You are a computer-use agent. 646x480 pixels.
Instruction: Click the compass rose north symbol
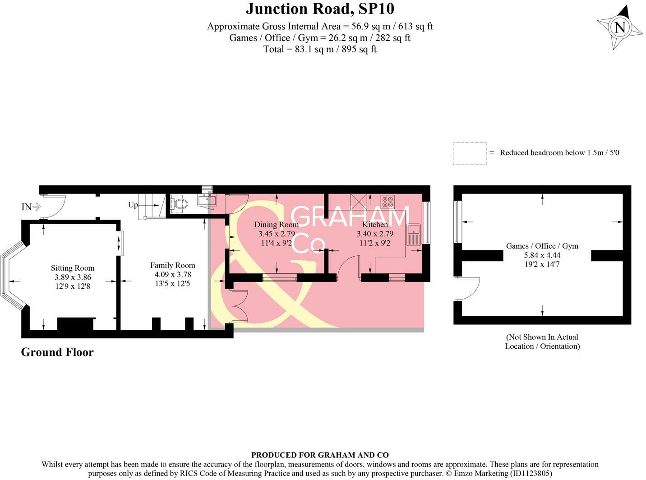[x=620, y=27]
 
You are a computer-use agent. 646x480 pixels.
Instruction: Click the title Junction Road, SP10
[x=320, y=9]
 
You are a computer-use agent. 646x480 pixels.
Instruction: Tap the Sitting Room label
[x=73, y=268]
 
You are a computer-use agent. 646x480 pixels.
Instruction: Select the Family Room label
[x=172, y=265]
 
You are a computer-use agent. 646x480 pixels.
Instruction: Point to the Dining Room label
[x=276, y=225]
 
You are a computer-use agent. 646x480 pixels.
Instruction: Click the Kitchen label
[x=375, y=225]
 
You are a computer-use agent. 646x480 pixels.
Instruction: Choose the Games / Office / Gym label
[x=542, y=246]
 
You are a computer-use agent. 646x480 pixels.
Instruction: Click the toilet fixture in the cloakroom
[x=180, y=204]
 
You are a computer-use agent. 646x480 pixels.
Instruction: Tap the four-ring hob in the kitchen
[x=388, y=200]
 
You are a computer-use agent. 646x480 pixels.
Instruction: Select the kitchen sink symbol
[x=413, y=235]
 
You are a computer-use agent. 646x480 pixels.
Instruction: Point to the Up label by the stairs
[x=133, y=205]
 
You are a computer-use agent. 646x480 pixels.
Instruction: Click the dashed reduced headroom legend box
[x=469, y=153]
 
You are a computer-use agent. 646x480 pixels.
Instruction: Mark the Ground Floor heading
[x=57, y=352]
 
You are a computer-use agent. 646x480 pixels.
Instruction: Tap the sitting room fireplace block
[x=75, y=324]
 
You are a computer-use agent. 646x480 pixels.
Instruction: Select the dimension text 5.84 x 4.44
[x=542, y=255]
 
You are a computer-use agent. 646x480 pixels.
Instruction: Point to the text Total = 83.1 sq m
[x=320, y=49]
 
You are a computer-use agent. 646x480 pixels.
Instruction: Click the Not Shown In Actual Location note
[x=542, y=342]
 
